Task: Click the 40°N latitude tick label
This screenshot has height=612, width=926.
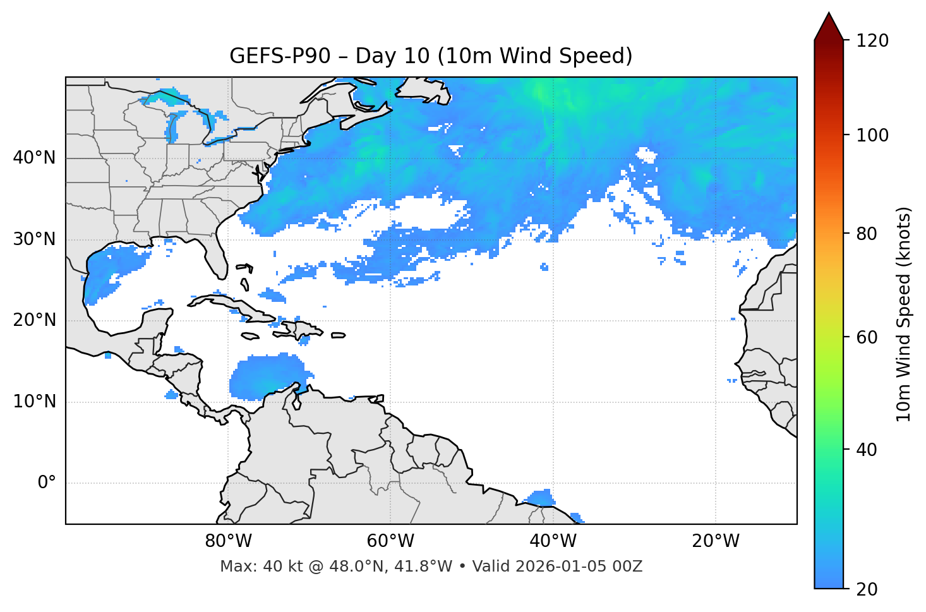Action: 34,158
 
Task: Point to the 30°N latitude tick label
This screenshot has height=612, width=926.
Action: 34,239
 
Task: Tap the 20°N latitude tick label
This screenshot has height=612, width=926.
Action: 34,320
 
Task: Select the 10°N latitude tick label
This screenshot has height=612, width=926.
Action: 34,402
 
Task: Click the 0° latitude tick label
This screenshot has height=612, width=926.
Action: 46,483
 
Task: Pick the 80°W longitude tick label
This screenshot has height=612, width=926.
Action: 228,541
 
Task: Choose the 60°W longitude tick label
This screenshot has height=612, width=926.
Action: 390,541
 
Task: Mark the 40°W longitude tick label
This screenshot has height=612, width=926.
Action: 553,541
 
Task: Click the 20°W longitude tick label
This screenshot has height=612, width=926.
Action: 715,541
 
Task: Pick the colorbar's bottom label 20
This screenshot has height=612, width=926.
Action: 867,589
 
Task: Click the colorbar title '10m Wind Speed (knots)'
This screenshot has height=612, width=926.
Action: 904,314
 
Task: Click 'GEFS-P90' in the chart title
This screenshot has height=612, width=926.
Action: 280,56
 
